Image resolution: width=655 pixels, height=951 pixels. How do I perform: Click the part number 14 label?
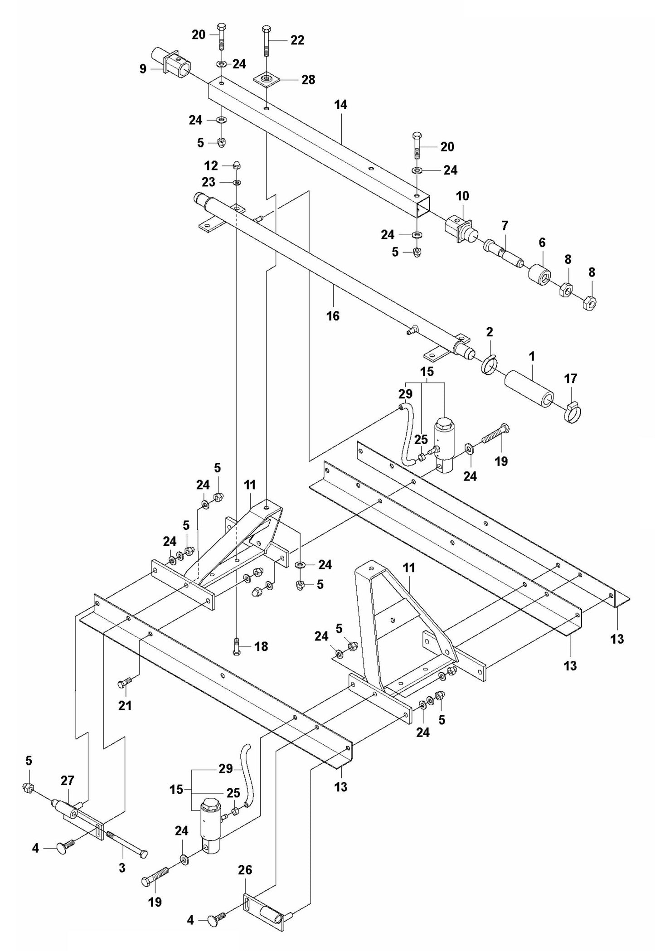click(x=340, y=105)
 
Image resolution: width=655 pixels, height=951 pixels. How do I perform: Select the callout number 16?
click(x=333, y=315)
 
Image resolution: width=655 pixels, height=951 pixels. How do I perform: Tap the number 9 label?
click(x=143, y=69)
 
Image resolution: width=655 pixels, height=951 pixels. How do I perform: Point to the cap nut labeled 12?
click(x=236, y=165)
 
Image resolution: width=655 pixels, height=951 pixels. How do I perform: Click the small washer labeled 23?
click(x=237, y=182)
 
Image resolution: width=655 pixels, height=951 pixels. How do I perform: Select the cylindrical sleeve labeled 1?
click(x=529, y=390)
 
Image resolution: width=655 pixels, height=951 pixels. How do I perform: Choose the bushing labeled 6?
click(x=540, y=273)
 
